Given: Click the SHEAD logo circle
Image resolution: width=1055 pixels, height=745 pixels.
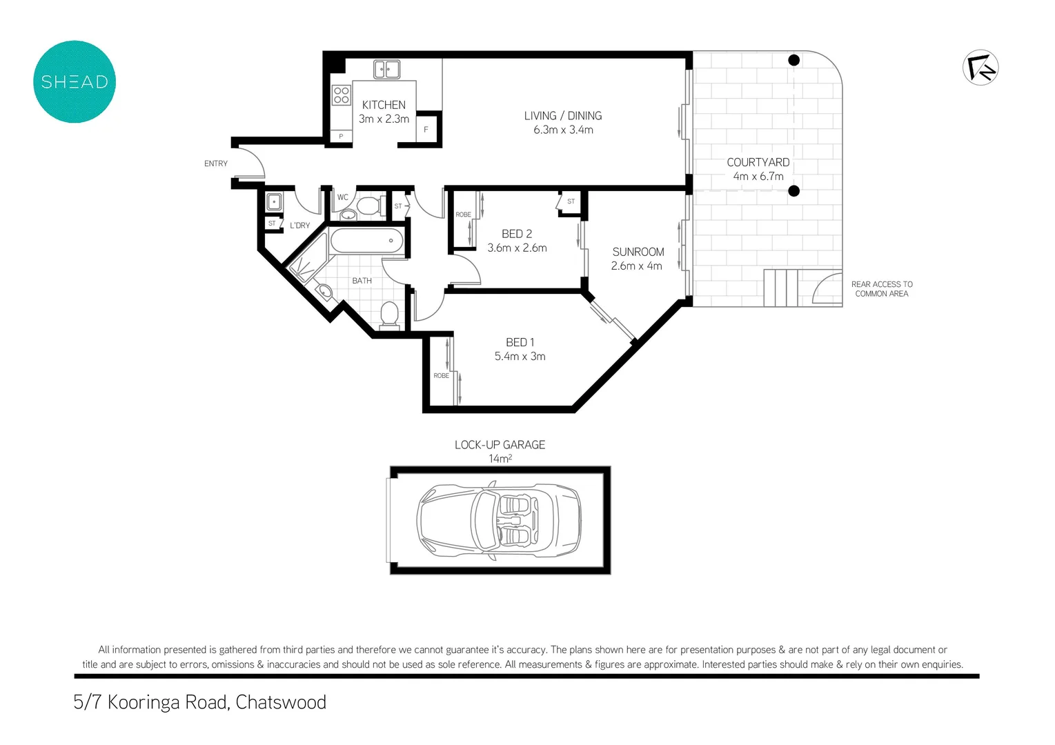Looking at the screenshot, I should (x=75, y=82).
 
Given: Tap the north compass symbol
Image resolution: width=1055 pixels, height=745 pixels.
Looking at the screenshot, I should (x=980, y=68).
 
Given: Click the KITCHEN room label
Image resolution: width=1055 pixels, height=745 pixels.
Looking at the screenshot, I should (x=384, y=105).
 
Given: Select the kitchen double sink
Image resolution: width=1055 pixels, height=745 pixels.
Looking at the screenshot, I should (x=387, y=69).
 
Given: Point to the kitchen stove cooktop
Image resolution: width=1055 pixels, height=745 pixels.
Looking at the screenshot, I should (x=341, y=95).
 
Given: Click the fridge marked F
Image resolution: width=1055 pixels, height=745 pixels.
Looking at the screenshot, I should (x=426, y=130).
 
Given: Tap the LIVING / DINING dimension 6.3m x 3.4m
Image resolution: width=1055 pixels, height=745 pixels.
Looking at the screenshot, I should (x=563, y=130).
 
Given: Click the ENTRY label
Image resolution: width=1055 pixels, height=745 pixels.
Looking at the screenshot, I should (x=216, y=163).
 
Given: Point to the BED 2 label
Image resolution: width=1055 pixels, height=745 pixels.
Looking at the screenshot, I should (x=517, y=234).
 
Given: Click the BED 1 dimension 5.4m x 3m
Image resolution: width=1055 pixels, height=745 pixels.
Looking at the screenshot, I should (x=520, y=357).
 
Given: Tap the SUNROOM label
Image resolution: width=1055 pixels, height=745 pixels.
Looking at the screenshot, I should (x=638, y=252).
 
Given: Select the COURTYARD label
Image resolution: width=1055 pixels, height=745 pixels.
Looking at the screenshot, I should (x=758, y=162).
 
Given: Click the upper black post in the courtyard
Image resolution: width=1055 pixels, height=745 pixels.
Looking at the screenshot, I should (x=794, y=61).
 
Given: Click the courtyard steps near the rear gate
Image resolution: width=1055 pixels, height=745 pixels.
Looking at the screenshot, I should (x=781, y=288).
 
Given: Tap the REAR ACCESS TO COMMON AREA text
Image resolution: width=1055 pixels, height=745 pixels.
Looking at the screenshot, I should (x=882, y=289).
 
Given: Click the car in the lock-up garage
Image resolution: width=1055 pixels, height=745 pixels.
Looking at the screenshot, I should (x=499, y=520).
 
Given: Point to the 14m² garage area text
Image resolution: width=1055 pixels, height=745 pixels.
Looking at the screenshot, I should (x=500, y=459).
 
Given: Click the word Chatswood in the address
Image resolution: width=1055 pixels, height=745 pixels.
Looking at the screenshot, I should (x=281, y=702).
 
